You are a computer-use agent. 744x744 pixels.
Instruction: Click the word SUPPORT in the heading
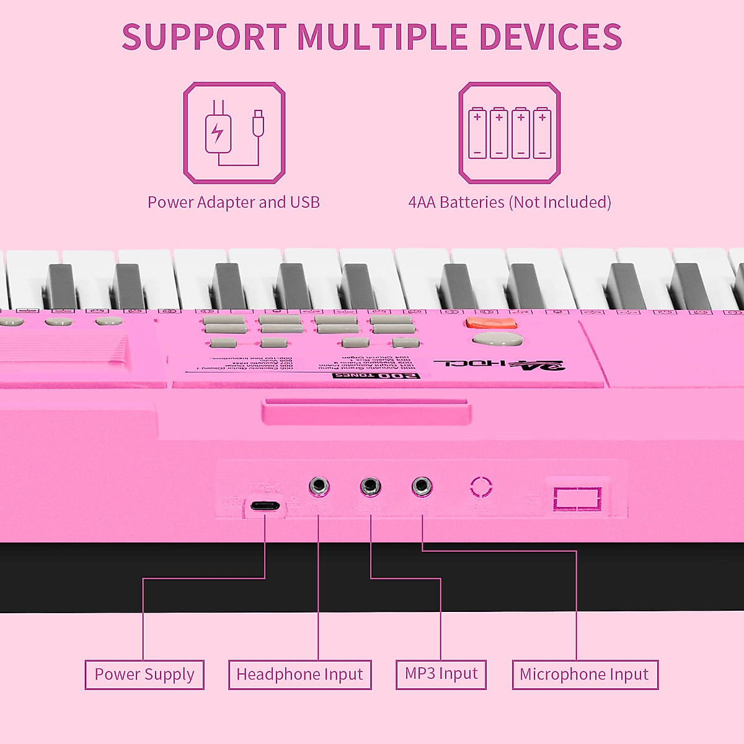tap(204, 37)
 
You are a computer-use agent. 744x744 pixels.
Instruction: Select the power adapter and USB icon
tap(234, 133)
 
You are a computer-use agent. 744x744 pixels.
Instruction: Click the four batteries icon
tap(510, 133)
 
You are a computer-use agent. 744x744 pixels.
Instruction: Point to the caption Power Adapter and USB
tap(234, 202)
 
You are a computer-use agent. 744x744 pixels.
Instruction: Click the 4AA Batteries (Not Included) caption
tap(510, 202)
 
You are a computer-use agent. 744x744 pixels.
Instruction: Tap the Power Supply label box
tap(144, 675)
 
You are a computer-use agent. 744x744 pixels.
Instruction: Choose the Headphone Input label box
tap(300, 675)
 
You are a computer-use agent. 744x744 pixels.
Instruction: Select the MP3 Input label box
tap(441, 674)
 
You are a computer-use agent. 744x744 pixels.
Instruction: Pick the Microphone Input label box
tap(585, 675)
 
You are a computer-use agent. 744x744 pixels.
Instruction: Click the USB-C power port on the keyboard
tap(265, 505)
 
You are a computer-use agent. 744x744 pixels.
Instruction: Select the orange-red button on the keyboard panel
tap(491, 323)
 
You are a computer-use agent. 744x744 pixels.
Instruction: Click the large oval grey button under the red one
tap(497, 339)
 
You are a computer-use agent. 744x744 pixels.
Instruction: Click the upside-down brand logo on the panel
tap(500, 364)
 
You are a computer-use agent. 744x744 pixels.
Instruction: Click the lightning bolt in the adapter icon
tap(217, 133)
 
